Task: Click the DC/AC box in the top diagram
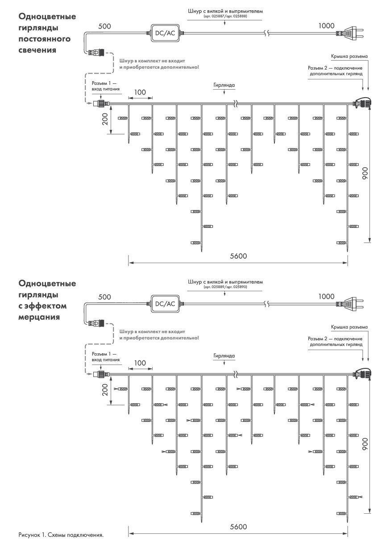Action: pos(165,33)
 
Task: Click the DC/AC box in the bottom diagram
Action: pos(165,304)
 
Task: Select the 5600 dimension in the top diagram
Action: pos(238,256)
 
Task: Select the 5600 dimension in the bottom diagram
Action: pos(238,527)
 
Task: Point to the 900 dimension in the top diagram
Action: pos(365,173)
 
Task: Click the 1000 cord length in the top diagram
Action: pos(327,25)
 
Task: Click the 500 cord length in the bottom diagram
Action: pos(104,297)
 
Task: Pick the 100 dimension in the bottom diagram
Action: pos(140,363)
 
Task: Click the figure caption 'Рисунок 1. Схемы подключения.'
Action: pos(61,535)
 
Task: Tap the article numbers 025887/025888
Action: pos(225,16)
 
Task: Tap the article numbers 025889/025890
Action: pos(225,287)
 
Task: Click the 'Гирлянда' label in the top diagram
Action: pos(224,84)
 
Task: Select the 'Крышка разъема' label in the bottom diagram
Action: pos(349,327)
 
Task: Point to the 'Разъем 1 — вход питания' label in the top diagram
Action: pos(106,86)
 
